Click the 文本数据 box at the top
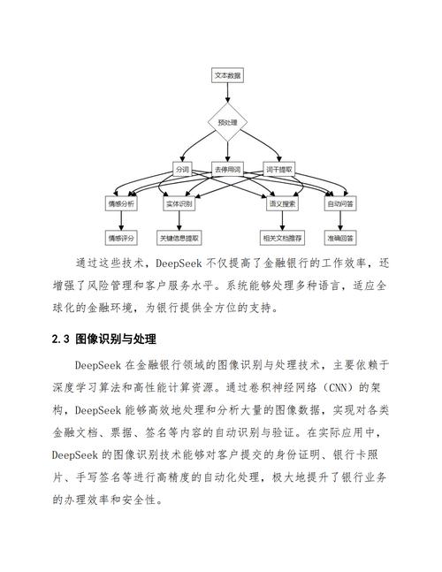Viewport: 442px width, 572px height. [x=227, y=76]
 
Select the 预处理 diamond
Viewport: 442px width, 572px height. [x=227, y=122]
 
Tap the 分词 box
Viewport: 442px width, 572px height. [x=182, y=168]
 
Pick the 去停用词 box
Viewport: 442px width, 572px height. [x=227, y=168]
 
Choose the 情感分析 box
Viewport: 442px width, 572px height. [x=121, y=202]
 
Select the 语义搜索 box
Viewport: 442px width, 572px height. [x=282, y=202]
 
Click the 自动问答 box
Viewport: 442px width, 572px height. [x=341, y=202]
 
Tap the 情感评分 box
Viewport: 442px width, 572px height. [x=121, y=237]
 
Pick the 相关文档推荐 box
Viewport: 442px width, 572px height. [x=282, y=237]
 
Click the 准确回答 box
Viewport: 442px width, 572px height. [x=341, y=237]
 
